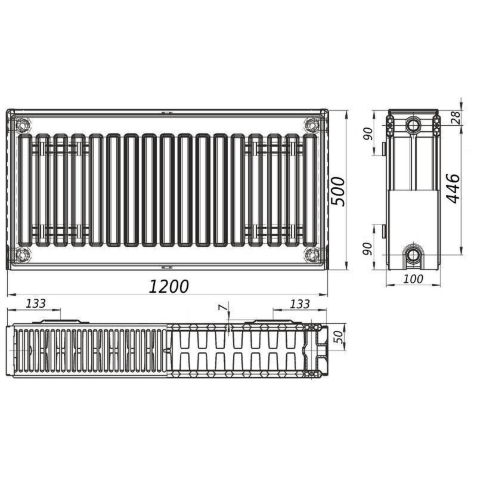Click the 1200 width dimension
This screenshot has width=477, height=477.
click(x=169, y=287)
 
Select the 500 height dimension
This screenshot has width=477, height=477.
click(x=339, y=191)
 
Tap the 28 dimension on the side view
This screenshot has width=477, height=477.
click(x=456, y=117)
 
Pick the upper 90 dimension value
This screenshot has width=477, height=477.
click(x=368, y=134)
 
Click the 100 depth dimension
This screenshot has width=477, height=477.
click(x=413, y=278)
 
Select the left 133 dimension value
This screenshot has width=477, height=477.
click(x=36, y=303)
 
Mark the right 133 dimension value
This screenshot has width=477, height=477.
click(x=300, y=303)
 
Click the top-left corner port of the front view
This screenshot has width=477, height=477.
click(x=23, y=125)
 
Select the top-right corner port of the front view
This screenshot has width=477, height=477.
click(x=311, y=125)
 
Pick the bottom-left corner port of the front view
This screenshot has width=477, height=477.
click(x=23, y=256)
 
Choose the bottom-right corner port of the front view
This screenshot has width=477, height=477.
click(x=311, y=256)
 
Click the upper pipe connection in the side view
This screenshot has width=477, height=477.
click(x=413, y=125)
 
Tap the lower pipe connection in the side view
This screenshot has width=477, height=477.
click(x=413, y=255)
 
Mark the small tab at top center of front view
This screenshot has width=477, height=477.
click(x=168, y=111)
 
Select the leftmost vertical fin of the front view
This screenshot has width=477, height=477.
click(x=26, y=190)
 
